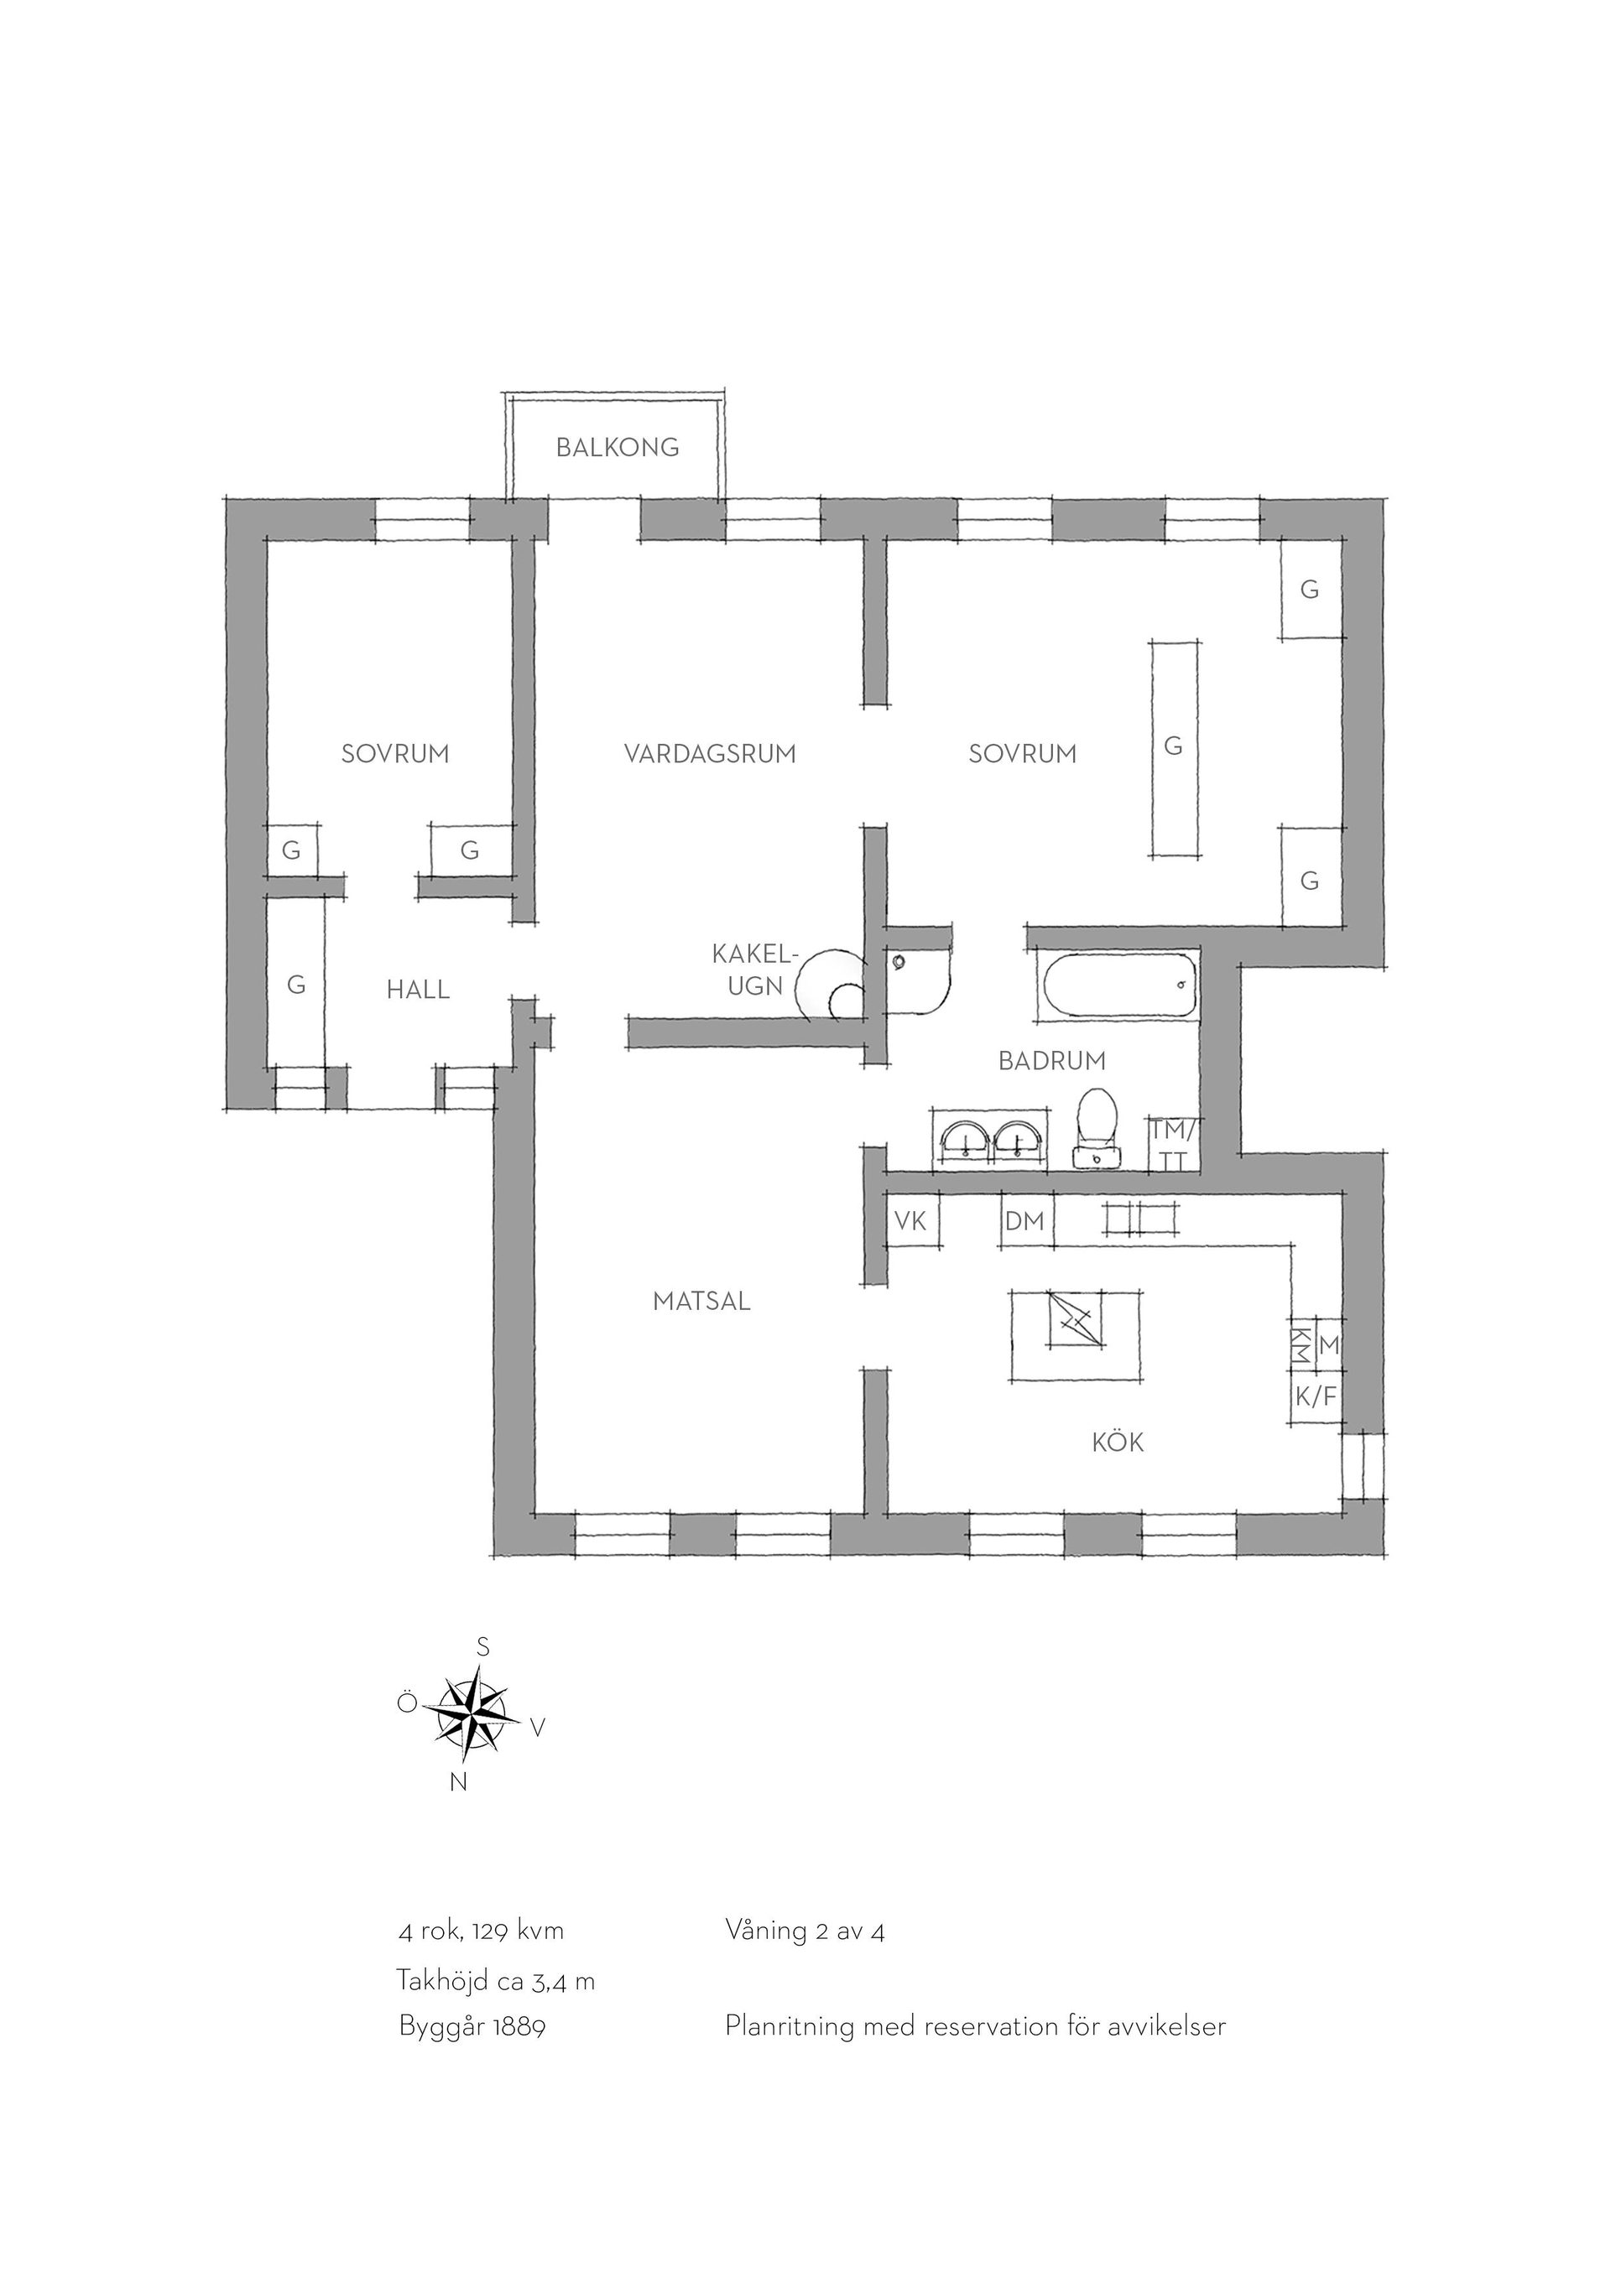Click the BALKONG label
click(x=617, y=447)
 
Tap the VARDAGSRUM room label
click(x=711, y=754)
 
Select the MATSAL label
click(x=701, y=1301)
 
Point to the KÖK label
click(x=1118, y=1441)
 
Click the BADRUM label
click(x=1051, y=1061)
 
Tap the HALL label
click(x=418, y=990)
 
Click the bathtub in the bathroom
click(x=1120, y=984)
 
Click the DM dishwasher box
click(x=1025, y=1222)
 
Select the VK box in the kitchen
click(x=910, y=1222)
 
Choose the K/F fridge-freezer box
click(x=1316, y=1397)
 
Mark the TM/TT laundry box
click(x=1175, y=1142)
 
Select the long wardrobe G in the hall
click(x=295, y=984)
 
